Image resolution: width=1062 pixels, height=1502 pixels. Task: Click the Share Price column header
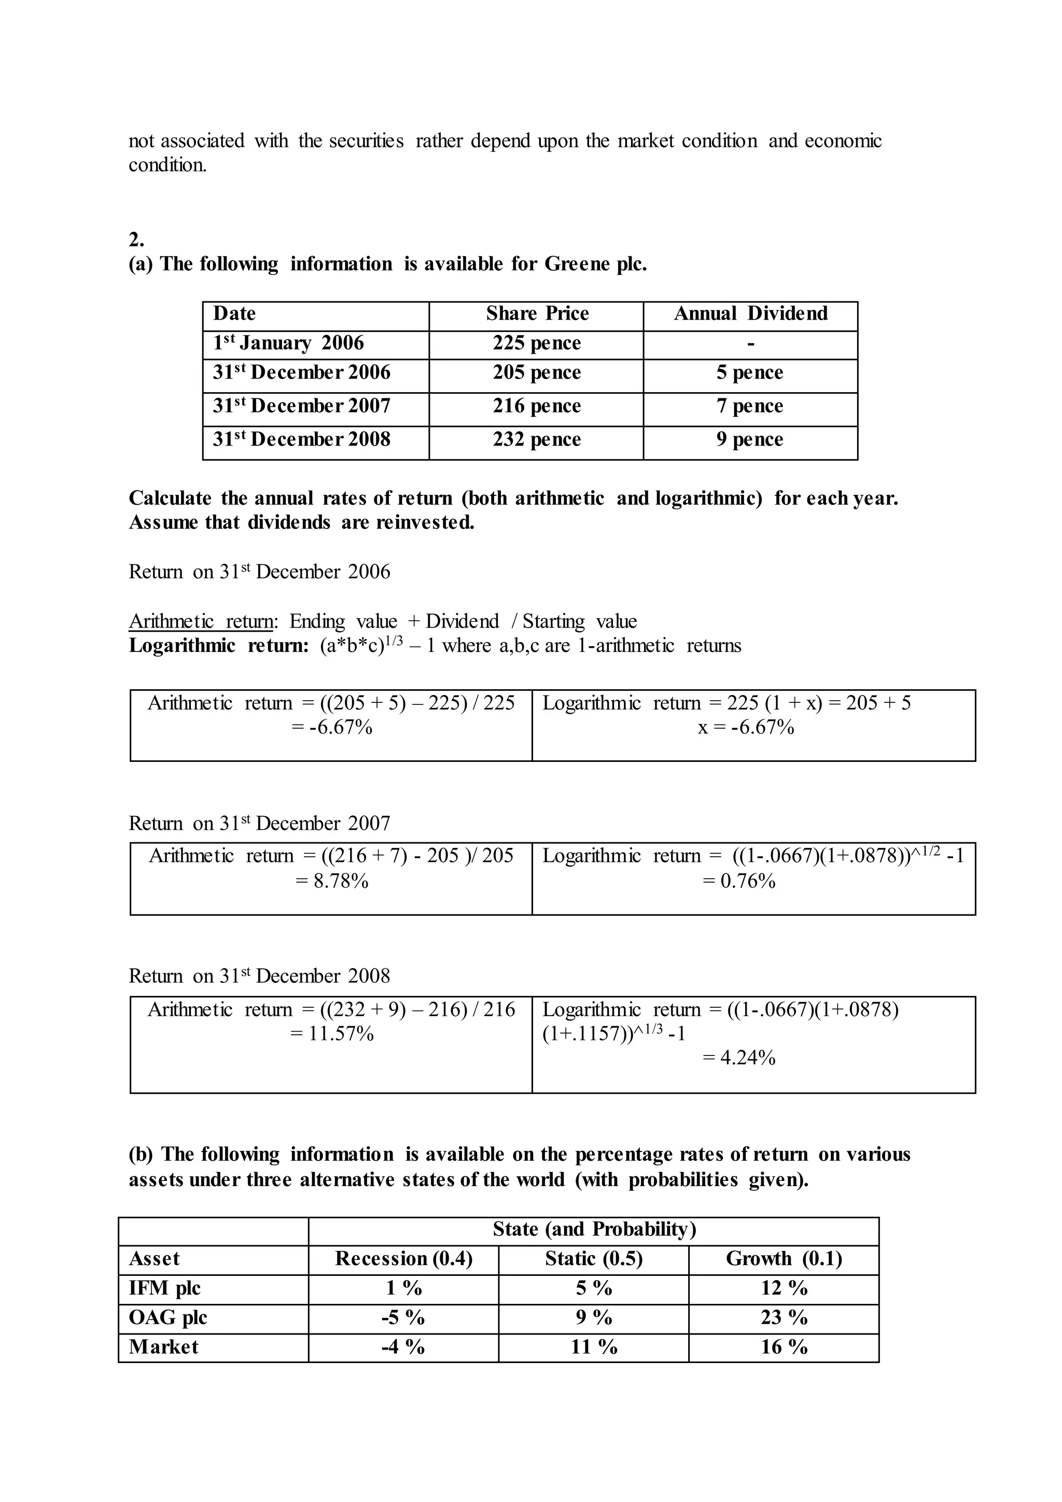pos(537,313)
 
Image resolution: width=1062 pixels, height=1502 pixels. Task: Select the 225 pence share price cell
pos(537,343)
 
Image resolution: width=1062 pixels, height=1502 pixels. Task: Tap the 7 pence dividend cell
pos(749,406)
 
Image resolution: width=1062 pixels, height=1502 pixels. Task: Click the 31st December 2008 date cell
pos(301,439)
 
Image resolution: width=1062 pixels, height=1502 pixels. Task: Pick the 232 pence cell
pos(537,439)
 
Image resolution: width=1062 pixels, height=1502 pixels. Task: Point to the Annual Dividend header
pos(750,313)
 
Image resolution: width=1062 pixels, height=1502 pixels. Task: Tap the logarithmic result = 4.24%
pos(739,1058)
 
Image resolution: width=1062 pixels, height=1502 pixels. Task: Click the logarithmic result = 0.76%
pos(739,881)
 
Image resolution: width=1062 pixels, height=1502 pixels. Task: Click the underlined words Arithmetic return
pos(200,621)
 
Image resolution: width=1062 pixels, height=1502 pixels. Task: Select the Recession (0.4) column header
pos(403,1259)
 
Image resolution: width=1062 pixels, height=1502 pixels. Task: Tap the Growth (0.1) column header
pos(784,1259)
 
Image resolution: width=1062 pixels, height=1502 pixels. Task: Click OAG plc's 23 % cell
pos(784,1317)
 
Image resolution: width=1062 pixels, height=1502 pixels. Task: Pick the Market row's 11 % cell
pos(594,1347)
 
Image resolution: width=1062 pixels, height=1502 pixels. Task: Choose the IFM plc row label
pos(165,1288)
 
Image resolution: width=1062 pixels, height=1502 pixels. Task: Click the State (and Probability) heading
pos(594,1229)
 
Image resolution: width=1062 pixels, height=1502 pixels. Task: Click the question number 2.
pos(136,240)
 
